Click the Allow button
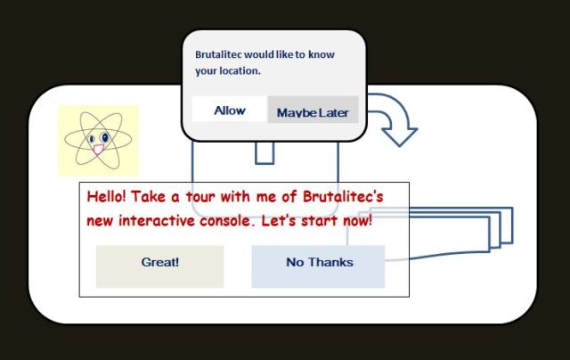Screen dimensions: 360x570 (x=230, y=110)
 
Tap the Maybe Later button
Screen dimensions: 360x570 (x=313, y=112)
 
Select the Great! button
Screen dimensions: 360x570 (x=159, y=263)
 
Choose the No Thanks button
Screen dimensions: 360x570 (x=319, y=263)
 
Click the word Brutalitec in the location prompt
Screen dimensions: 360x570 (x=224, y=53)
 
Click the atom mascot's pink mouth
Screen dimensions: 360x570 (x=98, y=150)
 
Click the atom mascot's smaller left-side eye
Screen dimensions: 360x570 (x=92, y=140)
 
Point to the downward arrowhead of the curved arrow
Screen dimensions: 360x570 (x=400, y=135)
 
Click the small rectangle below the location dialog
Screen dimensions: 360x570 (x=265, y=153)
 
